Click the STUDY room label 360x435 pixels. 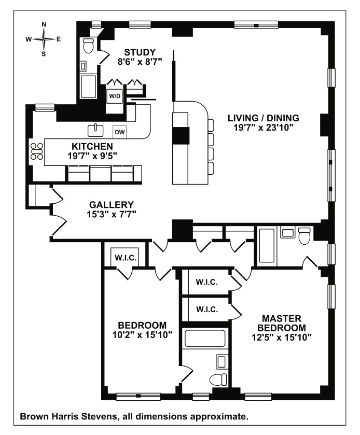click(x=140, y=52)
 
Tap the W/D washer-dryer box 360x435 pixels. click(x=115, y=96)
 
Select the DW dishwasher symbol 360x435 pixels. click(x=120, y=132)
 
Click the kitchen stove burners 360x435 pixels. click(x=37, y=151)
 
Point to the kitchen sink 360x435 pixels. click(x=95, y=130)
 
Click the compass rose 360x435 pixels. click(x=44, y=39)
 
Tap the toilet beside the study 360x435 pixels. click(x=88, y=46)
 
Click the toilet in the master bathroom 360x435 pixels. click(x=304, y=236)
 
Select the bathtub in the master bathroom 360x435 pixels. click(x=267, y=246)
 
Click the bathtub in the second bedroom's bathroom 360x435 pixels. click(x=205, y=338)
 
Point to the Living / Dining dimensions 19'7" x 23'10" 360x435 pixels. click(x=264, y=128)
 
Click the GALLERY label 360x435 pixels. click(x=112, y=205)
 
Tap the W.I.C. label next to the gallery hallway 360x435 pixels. click(x=126, y=258)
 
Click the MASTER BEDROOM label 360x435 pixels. click(x=282, y=323)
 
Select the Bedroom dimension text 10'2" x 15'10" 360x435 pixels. click(x=142, y=335)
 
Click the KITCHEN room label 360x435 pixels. click(x=92, y=146)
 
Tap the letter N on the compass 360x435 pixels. click(x=44, y=24)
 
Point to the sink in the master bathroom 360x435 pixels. click(x=287, y=232)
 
